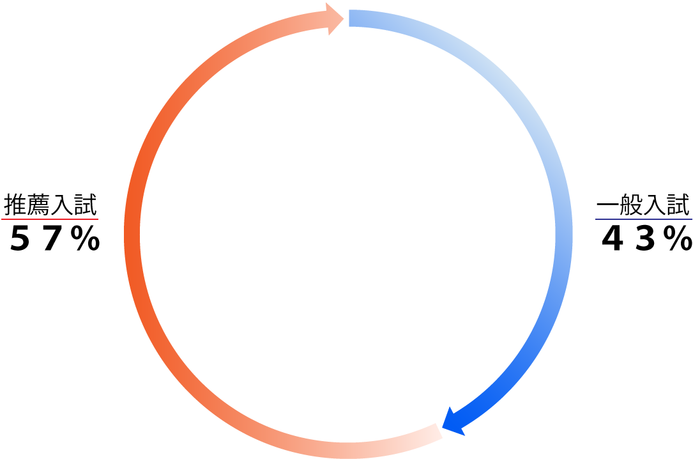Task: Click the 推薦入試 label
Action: pyautogui.click(x=50, y=205)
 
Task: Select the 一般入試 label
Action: pyautogui.click(x=643, y=205)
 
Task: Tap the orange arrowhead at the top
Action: pyautogui.click(x=335, y=19)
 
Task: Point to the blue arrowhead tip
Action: pyautogui.click(x=443, y=428)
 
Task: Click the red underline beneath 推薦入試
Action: pyautogui.click(x=50, y=219)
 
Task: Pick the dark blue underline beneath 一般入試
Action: pyautogui.click(x=644, y=219)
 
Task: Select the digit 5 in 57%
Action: pyautogui.click(x=20, y=238)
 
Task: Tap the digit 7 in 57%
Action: pyautogui.click(x=52, y=238)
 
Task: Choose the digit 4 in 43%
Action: pyautogui.click(x=612, y=238)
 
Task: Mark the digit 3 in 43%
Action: pyautogui.click(x=645, y=238)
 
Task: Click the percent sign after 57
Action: pyautogui.click(x=85, y=238)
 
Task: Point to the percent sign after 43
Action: pyautogui.click(x=678, y=238)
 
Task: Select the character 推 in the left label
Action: pyautogui.click(x=15, y=205)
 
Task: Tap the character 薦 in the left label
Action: pyautogui.click(x=38, y=205)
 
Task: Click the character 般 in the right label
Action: pyautogui.click(x=631, y=205)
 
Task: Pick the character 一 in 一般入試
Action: pyautogui.click(x=607, y=205)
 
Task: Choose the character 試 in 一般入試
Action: pyautogui.click(x=678, y=205)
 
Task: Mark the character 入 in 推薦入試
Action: pyautogui.click(x=63, y=205)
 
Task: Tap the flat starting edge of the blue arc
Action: pyautogui.click(x=349, y=18)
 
